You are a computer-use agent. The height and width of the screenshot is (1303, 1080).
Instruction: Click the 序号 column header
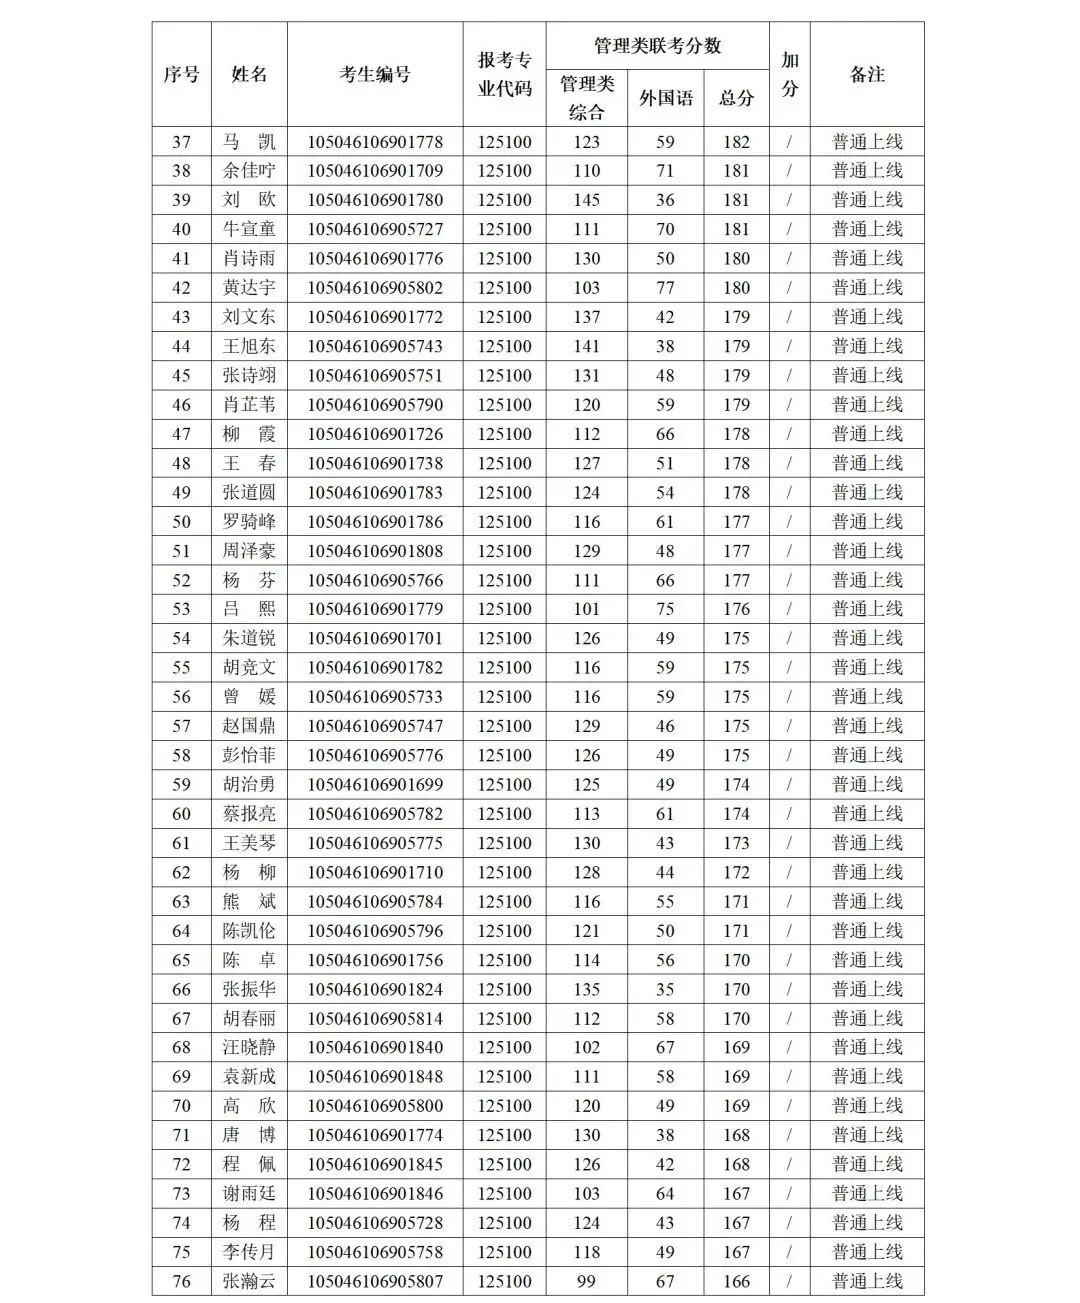[x=181, y=74]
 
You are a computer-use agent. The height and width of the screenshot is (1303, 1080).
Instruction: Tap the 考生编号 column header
[x=375, y=74]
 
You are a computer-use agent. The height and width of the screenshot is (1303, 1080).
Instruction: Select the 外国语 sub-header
[x=665, y=98]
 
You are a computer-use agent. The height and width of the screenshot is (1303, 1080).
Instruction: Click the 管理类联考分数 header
[x=657, y=46]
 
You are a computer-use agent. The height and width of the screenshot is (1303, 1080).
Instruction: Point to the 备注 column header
[x=867, y=74]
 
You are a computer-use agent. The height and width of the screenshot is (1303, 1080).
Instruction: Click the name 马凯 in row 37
[x=249, y=142]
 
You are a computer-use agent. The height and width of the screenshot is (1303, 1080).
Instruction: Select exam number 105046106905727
[x=375, y=229]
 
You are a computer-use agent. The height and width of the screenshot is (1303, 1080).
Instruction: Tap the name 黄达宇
[x=249, y=288]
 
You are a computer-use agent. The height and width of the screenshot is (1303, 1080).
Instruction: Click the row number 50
[x=181, y=522]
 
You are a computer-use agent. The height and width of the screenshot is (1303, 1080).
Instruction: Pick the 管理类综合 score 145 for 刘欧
[x=587, y=200]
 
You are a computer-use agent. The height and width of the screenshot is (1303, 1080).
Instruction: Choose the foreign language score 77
[x=665, y=288]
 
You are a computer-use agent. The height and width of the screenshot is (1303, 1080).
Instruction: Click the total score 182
[x=736, y=142]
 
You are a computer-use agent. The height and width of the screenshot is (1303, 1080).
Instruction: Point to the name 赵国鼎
[x=249, y=726]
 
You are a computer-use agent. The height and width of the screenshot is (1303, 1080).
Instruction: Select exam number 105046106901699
[x=375, y=785]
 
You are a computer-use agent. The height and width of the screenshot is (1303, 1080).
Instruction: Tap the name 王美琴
[x=249, y=843]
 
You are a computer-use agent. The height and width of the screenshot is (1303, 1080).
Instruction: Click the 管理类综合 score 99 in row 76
[x=587, y=1281]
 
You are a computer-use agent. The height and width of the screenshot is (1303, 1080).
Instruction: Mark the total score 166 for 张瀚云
[x=736, y=1281]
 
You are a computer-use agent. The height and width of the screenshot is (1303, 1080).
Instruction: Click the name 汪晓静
[x=249, y=1048]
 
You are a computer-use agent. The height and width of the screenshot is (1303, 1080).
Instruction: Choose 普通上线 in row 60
[x=867, y=814]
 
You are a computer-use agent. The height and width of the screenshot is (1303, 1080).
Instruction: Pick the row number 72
[x=181, y=1165]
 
